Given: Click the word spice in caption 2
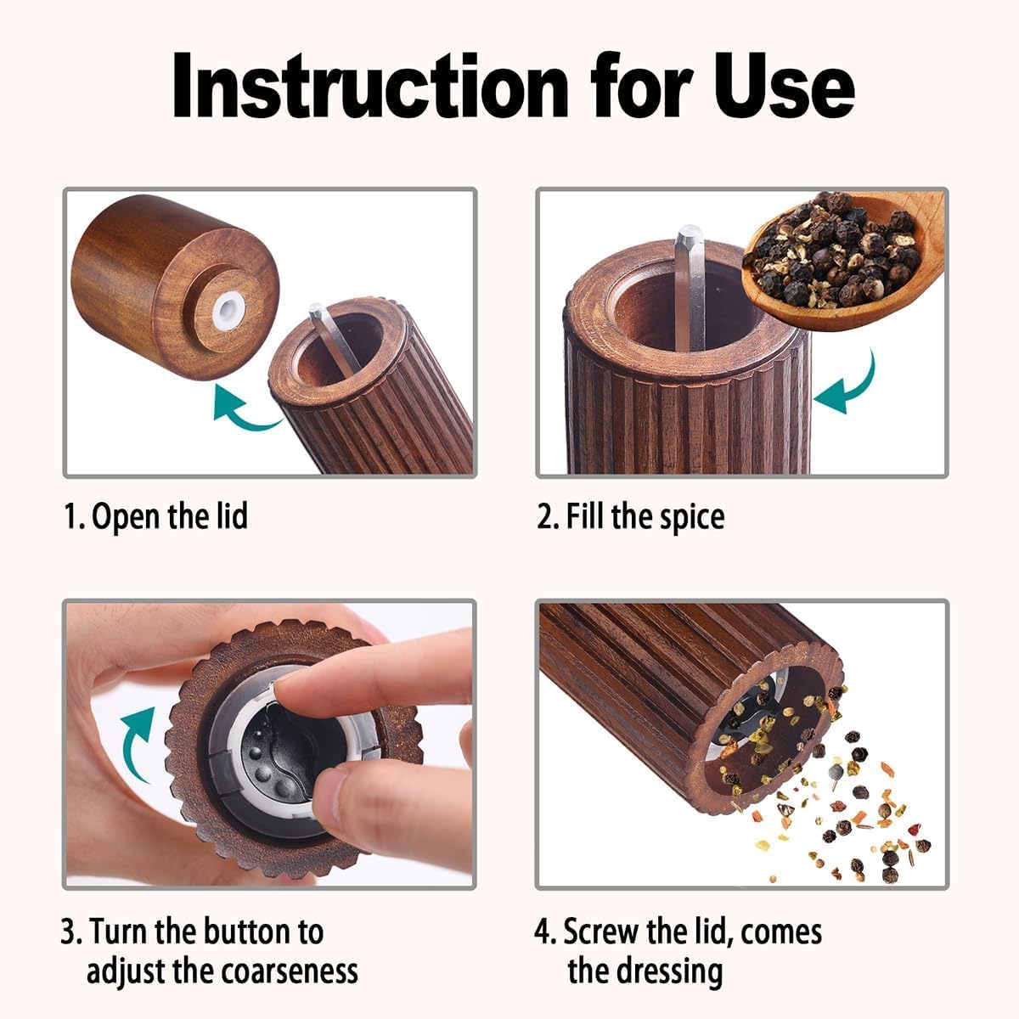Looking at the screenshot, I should pyautogui.click(x=690, y=516).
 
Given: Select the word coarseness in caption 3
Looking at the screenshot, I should pyautogui.click(x=289, y=971).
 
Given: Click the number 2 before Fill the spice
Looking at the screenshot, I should pyautogui.click(x=545, y=516).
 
